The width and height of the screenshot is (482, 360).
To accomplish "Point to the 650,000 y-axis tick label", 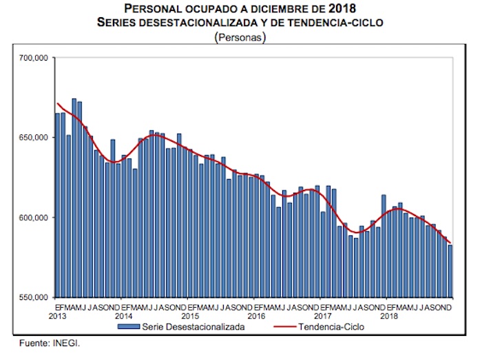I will click(x=33, y=138).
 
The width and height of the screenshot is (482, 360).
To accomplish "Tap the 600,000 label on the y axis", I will click(x=33, y=218).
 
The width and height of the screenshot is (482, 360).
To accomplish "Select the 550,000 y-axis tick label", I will click(x=33, y=297).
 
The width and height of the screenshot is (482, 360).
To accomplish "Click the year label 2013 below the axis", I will click(x=57, y=316).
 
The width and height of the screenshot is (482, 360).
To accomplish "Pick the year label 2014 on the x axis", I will click(x=123, y=316).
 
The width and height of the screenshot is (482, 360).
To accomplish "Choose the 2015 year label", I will click(x=189, y=316).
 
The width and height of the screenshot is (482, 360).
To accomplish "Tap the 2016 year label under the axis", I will click(x=255, y=316).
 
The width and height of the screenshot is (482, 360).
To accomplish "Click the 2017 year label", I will click(x=322, y=316).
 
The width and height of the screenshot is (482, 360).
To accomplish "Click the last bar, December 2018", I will click(x=450, y=271).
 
